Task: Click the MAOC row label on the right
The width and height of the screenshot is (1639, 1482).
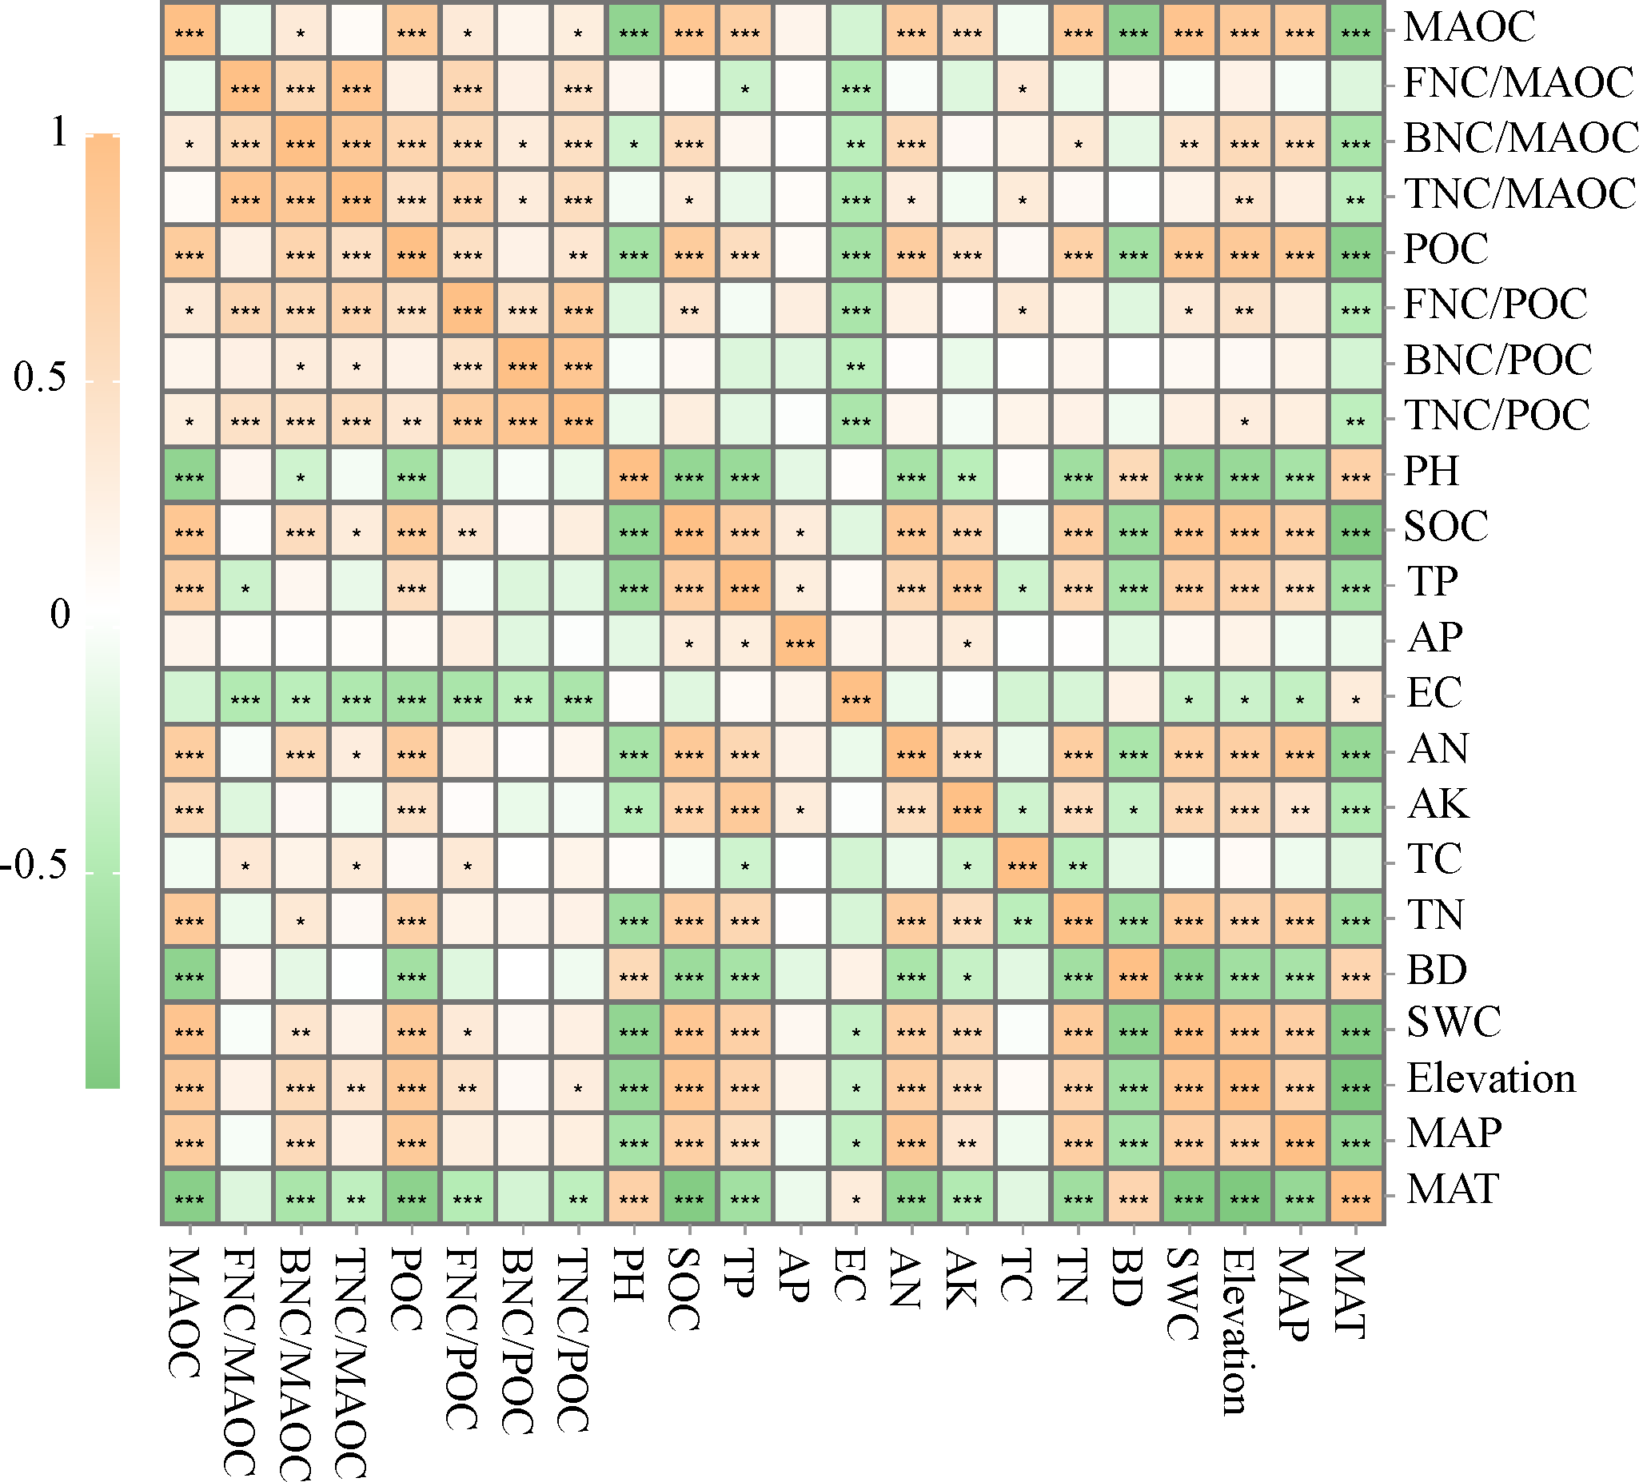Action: click(x=1469, y=27)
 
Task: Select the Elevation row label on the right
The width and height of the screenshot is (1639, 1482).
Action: click(x=1491, y=1079)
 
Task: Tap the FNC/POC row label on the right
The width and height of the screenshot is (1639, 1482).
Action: click(x=1495, y=304)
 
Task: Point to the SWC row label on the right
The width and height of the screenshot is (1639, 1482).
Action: click(x=1454, y=1022)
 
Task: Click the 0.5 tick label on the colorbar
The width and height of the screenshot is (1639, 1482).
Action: click(x=41, y=377)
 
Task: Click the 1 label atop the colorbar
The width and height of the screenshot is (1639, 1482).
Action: click(x=58, y=132)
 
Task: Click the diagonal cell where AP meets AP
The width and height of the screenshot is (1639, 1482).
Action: click(x=800, y=643)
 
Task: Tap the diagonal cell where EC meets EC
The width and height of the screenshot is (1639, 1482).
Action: click(x=855, y=699)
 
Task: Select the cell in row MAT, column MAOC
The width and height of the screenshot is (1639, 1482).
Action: click(x=189, y=1198)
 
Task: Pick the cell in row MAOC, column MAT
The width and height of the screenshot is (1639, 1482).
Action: click(x=1355, y=33)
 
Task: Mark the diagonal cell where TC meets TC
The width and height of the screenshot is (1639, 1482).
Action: click(x=1022, y=866)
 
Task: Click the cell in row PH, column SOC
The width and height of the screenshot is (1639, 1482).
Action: click(x=688, y=477)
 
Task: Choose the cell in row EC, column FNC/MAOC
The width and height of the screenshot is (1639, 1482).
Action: click(x=245, y=699)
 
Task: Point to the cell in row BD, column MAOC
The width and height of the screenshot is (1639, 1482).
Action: click(x=189, y=976)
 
